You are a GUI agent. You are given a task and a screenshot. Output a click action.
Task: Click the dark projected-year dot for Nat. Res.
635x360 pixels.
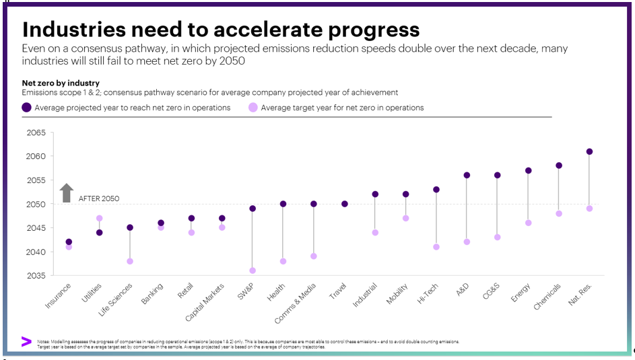click(589, 151)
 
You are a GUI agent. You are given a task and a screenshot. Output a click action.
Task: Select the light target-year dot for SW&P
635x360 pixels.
click(253, 271)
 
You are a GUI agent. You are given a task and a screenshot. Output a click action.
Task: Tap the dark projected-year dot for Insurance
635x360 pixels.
click(69, 242)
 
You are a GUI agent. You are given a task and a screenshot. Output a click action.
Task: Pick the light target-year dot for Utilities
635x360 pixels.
click(99, 218)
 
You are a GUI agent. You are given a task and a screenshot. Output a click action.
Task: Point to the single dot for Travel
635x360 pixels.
click(345, 204)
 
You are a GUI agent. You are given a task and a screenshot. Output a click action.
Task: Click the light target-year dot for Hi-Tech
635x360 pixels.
click(436, 247)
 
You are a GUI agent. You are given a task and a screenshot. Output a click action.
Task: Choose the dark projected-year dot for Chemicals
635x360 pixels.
click(559, 166)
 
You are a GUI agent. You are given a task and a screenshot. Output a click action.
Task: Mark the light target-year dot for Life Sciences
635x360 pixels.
click(130, 261)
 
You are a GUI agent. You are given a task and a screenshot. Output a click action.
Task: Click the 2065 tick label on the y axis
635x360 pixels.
click(36, 133)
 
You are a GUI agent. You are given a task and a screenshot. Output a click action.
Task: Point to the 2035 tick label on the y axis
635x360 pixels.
click(36, 275)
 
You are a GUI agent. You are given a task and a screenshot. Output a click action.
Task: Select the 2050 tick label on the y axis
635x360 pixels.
click(36, 204)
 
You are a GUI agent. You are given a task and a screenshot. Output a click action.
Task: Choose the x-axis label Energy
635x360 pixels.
click(520, 293)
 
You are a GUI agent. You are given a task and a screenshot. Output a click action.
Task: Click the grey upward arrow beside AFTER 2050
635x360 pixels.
click(66, 193)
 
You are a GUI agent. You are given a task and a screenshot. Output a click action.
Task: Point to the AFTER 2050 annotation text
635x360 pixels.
click(99, 199)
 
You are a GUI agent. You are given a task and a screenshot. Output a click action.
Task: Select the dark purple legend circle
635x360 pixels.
click(26, 107)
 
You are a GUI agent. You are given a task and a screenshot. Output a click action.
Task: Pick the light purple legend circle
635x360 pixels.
click(253, 107)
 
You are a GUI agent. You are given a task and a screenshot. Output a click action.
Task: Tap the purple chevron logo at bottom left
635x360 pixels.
click(26, 342)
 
